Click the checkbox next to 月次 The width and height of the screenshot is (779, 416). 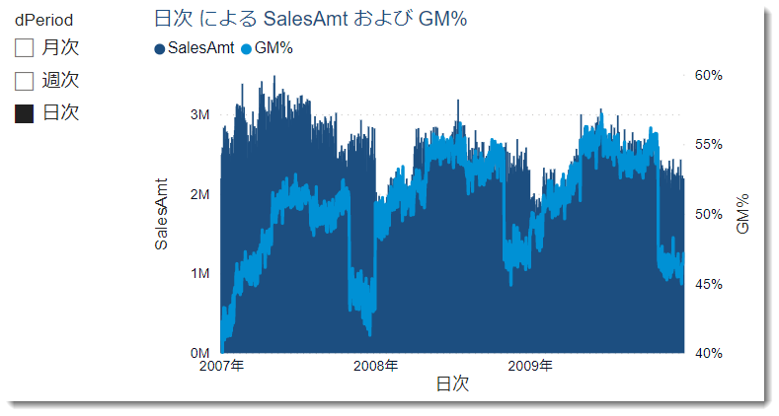click(25, 46)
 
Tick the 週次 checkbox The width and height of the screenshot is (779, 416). click(25, 80)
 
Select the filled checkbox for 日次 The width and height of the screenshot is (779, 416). click(25, 113)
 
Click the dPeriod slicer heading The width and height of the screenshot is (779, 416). click(43, 19)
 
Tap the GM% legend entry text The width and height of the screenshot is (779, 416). click(273, 48)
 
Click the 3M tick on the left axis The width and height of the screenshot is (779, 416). click(197, 115)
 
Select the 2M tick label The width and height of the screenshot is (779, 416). click(197, 195)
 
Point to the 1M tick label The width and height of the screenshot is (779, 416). click(197, 274)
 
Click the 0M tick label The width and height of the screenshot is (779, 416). click(197, 353)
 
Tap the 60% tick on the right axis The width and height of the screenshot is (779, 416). click(710, 75)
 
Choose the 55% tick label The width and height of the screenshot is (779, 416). click(710, 144)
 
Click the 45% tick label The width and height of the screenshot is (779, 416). click(710, 284)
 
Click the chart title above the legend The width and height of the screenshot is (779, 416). click(311, 19)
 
